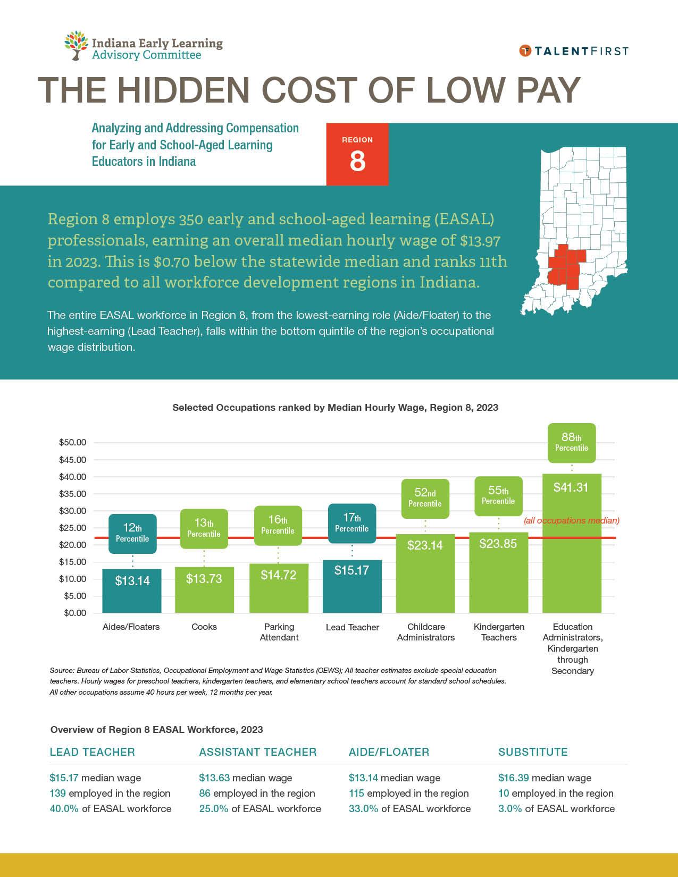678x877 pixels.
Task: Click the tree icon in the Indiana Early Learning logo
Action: tap(76, 45)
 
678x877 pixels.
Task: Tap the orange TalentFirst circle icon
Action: tap(525, 51)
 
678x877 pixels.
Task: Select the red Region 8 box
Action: tap(357, 155)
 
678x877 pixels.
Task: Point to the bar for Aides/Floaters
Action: tap(132, 591)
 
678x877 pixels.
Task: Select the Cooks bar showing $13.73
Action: tap(204, 590)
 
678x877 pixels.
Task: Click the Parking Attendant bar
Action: tap(279, 588)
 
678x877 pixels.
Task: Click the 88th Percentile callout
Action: tap(572, 442)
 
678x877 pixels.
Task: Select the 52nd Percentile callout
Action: tap(425, 498)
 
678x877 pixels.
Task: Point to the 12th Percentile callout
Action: tap(132, 533)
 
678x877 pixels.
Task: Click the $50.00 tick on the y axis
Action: tap(72, 443)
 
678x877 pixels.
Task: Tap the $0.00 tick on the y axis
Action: tap(74, 613)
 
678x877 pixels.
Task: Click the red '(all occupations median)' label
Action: tap(572, 521)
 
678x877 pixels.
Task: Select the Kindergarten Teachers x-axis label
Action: tap(499, 632)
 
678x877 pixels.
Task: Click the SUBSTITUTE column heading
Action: tap(533, 752)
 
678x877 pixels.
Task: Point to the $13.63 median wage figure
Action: tap(214, 778)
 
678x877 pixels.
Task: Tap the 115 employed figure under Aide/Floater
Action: tap(356, 794)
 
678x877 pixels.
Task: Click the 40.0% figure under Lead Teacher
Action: tap(64, 809)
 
